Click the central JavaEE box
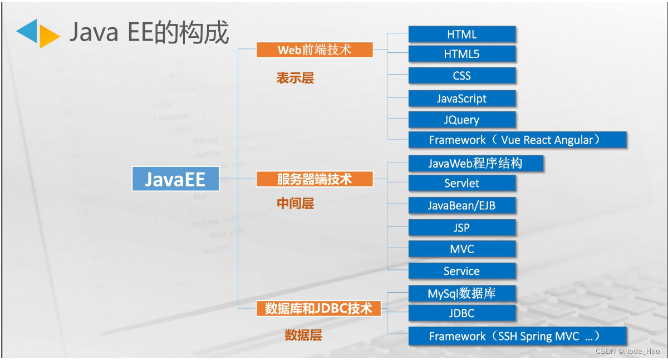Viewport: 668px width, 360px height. coord(175,179)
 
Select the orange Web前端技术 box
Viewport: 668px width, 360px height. coord(315,50)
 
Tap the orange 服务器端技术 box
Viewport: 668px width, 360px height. coord(315,179)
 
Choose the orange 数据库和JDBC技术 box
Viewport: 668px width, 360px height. coord(318,308)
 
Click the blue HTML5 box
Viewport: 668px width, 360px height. coord(462,54)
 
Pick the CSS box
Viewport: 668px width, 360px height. coord(462,76)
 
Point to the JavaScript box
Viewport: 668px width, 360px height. coord(462,98)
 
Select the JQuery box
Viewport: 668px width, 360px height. coord(462,120)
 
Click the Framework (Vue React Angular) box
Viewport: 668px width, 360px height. coord(518,140)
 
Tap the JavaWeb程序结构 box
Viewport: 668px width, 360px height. coord(475,163)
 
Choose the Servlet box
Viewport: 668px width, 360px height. coord(462,183)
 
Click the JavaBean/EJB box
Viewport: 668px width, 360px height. coord(462,205)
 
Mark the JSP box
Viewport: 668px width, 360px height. coord(462,228)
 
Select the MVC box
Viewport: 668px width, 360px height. coord(462,249)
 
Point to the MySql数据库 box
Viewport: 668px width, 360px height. coord(462,293)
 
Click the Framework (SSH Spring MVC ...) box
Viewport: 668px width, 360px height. coord(518,336)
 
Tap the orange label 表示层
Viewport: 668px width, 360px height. coord(296,78)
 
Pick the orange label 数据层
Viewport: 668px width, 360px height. coord(303,335)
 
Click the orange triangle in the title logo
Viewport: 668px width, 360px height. coord(48,37)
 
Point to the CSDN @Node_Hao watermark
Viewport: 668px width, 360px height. coord(627,351)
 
